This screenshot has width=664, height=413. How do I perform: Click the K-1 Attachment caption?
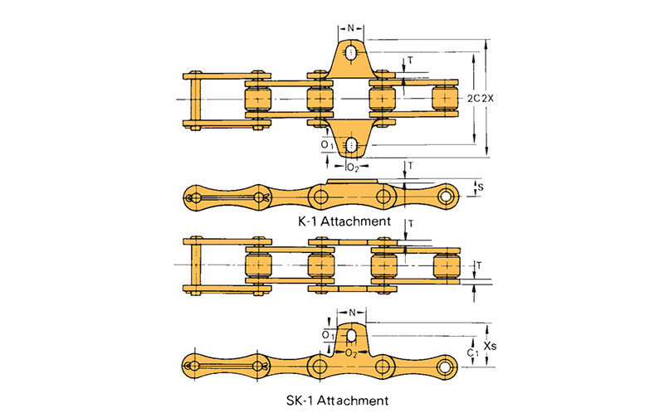(344, 221)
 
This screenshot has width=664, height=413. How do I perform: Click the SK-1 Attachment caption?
(337, 400)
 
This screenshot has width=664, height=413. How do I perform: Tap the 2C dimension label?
(473, 98)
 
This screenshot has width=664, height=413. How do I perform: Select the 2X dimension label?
(488, 98)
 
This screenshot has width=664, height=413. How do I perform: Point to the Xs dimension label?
(491, 346)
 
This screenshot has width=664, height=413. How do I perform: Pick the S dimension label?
(481, 187)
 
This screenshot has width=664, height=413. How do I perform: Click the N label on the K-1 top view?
(350, 28)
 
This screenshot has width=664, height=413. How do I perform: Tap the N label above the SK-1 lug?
(352, 313)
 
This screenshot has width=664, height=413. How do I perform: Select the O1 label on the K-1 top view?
(327, 145)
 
